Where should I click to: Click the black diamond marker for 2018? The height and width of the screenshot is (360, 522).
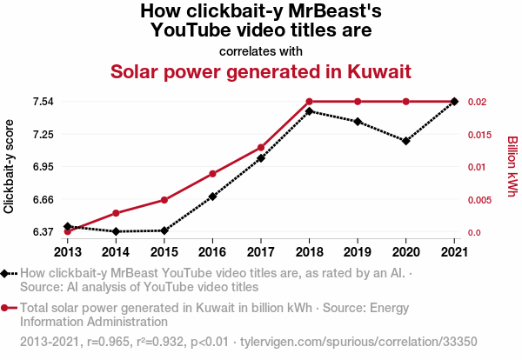coord(309,111)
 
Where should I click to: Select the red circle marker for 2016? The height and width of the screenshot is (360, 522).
coord(212,174)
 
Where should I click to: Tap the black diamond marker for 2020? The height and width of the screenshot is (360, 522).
coord(406,140)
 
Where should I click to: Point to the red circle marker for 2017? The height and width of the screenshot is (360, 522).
coord(261,148)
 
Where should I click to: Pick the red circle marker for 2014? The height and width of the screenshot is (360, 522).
coord(116,213)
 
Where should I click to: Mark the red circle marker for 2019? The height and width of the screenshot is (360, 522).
coord(358,102)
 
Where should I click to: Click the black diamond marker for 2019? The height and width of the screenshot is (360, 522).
coord(358,122)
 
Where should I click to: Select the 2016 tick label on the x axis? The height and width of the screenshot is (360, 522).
coord(212,252)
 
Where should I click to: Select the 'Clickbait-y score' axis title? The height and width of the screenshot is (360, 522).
coord(10,166)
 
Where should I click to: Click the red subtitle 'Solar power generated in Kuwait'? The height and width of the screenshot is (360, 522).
coord(260,70)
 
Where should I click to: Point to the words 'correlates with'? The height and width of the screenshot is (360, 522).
coord(260,50)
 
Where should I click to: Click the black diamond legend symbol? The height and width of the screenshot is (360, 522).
coord(6,274)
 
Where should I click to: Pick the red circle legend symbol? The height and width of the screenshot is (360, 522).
coord(6,307)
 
